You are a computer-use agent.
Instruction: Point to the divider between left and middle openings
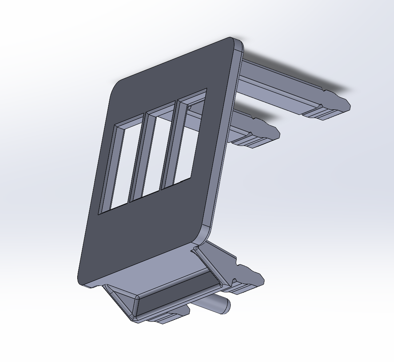[137, 157]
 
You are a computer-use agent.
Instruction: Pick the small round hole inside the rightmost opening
[190, 108]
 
